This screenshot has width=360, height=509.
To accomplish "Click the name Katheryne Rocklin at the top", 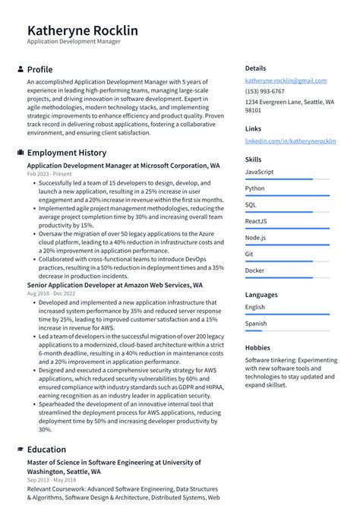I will click(82, 30).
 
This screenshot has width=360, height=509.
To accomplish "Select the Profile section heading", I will click(39, 69).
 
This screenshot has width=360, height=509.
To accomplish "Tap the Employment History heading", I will click(67, 153).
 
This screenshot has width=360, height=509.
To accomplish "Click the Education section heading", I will click(46, 449).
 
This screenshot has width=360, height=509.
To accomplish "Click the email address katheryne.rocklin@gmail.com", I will click(286, 81).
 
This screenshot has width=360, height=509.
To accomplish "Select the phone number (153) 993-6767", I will click(264, 91).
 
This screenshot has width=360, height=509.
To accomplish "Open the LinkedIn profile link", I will click(290, 141).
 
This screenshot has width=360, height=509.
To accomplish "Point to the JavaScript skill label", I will click(259, 172).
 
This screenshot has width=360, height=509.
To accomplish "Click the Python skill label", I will click(255, 188).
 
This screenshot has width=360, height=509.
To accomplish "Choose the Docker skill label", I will click(255, 270).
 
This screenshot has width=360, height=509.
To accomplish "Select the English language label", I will click(255, 307).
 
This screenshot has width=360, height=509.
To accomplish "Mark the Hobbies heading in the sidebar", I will click(257, 347).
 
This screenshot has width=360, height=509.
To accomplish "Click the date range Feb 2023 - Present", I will click(55, 174).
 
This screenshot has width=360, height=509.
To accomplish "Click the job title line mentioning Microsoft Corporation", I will click(123, 165).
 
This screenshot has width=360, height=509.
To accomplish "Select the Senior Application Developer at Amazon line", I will click(115, 285).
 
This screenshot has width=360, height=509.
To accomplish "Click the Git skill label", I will click(249, 254).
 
